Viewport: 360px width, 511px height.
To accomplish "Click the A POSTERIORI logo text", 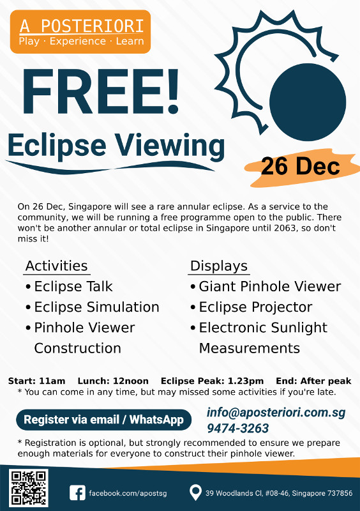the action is coord(82,26).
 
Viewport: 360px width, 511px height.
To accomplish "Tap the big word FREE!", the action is coord(101,91).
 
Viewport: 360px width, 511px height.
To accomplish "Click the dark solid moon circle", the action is coord(307,102).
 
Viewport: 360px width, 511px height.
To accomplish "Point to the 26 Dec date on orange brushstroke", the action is coord(301,166).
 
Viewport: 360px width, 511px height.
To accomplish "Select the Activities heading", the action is coord(57,266).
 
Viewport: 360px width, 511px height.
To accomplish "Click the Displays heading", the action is coord(219,266).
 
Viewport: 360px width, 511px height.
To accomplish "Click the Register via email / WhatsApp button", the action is coord(103,420).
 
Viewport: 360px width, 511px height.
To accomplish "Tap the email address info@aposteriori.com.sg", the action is coord(276,413).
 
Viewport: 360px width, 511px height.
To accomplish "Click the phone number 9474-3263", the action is coord(238,428).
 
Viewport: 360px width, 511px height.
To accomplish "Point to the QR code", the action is coord(29,488).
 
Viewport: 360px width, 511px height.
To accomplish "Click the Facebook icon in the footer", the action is coord(77,492).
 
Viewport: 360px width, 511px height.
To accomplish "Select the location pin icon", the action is coord(195,492).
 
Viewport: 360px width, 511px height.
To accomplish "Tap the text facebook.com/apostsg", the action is coord(128,493).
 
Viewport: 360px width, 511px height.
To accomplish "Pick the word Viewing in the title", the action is coord(169,146).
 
